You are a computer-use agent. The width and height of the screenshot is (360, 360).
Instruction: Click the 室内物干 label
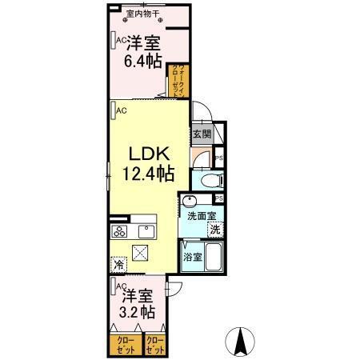(x=142, y=14)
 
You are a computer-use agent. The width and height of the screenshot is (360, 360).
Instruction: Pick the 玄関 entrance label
(x=201, y=135)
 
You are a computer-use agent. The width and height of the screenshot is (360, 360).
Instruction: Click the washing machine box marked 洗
(x=215, y=230)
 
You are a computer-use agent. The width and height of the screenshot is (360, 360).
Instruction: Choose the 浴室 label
(x=192, y=258)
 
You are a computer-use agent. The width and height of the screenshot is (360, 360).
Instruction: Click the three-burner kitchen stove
(x=121, y=232)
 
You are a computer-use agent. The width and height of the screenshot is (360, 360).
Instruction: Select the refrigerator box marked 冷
(x=118, y=265)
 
